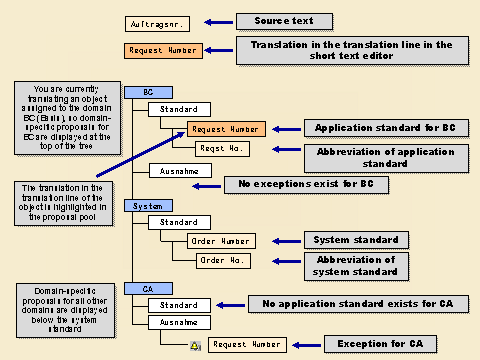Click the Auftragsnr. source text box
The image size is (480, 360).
click(x=156, y=23)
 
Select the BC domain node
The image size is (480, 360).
click(x=149, y=91)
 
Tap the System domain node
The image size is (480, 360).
click(x=149, y=205)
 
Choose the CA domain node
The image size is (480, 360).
click(x=149, y=288)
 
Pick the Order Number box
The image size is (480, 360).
click(x=220, y=240)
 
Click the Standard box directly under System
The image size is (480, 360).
click(x=179, y=221)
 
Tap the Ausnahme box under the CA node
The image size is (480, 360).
click(x=179, y=322)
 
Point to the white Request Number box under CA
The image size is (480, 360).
click(x=247, y=344)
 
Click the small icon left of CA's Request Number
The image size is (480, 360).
click(x=196, y=345)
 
